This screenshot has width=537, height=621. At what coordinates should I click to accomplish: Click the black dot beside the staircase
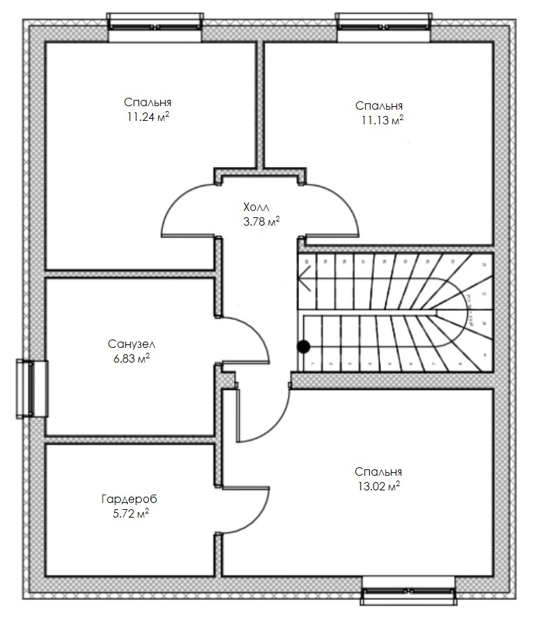coord(303,346)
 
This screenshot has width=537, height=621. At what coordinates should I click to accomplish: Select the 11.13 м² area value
coord(382,120)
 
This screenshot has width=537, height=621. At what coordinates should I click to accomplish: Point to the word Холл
coord(255,207)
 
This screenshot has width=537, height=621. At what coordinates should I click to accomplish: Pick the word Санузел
coord(131,344)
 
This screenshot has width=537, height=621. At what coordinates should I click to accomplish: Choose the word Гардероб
coord(129,499)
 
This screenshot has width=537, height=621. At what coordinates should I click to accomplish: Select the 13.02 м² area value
coord(378,486)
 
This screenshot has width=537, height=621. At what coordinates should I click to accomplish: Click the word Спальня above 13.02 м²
coord(378,472)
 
